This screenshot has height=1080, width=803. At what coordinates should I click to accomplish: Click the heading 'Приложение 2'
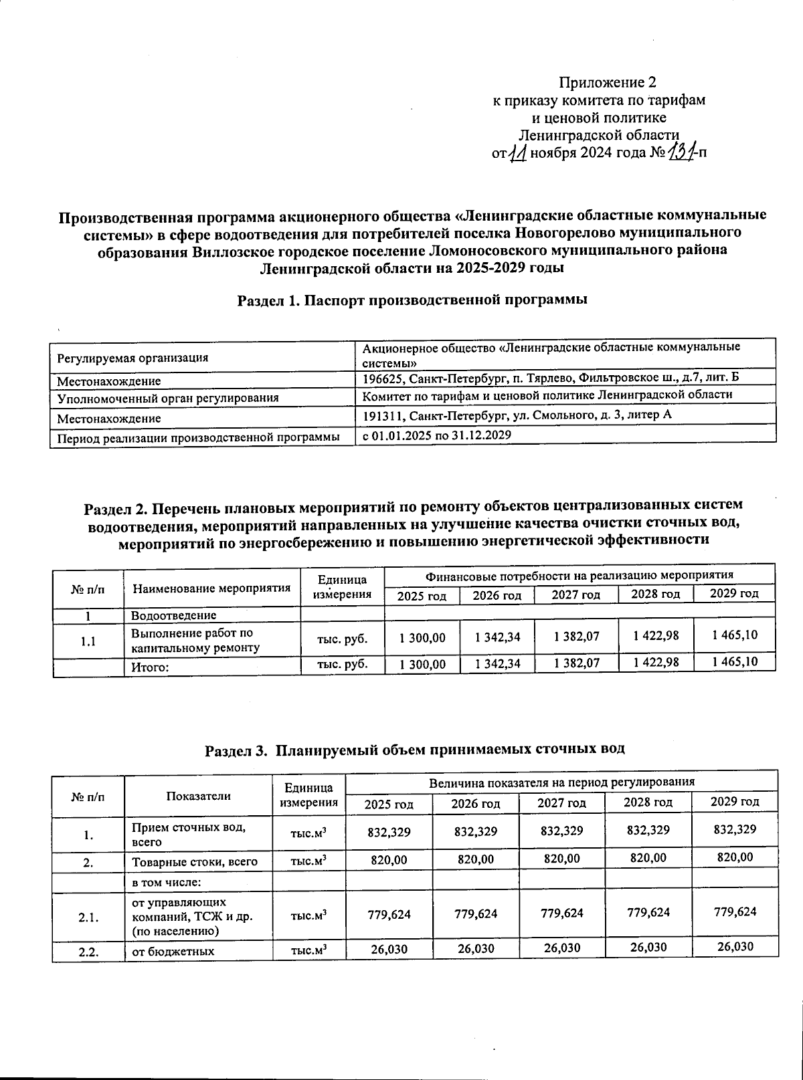[x=608, y=83]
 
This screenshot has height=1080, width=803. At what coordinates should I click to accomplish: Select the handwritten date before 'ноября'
[x=516, y=154]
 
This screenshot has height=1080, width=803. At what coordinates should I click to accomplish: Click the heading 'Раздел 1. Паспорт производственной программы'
[x=413, y=300]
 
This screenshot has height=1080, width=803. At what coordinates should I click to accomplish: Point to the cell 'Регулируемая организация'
[x=132, y=358]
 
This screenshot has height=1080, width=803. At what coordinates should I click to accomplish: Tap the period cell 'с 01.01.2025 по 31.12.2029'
[x=437, y=435]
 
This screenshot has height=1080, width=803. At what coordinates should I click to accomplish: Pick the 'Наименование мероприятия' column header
[x=212, y=588]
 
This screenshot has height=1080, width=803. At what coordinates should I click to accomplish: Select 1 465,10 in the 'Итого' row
[x=735, y=662]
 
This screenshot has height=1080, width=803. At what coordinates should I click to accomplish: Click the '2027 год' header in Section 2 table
[x=575, y=595]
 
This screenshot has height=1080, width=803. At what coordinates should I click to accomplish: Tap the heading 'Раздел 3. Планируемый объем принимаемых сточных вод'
[x=414, y=749]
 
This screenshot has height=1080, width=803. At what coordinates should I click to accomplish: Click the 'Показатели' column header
[x=199, y=796]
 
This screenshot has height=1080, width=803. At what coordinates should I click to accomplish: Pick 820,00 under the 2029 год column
[x=734, y=857]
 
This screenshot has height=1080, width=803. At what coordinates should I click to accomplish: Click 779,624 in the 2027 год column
[x=562, y=913]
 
